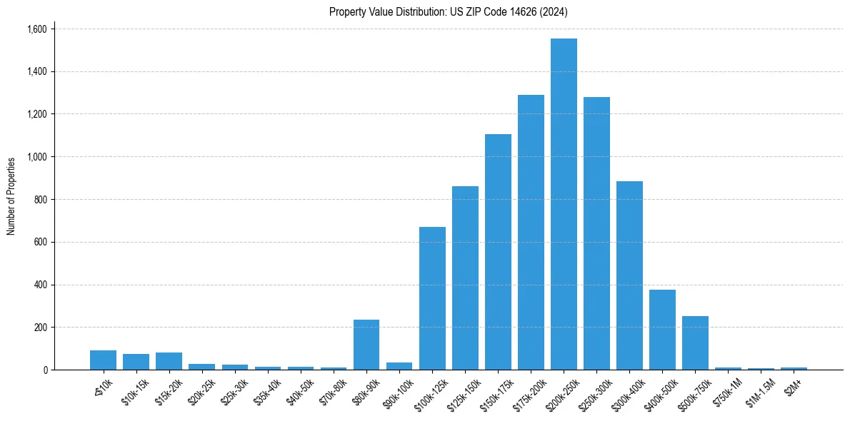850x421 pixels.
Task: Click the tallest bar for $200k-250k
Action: point(564,204)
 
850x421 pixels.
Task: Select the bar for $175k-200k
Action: point(531,232)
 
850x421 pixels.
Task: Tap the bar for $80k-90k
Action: point(366,345)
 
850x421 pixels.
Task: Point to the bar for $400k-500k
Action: point(662,330)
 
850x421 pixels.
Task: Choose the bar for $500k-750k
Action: point(695,343)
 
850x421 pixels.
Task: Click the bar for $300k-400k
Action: point(629,275)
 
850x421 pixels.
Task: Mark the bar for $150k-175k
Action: point(498,252)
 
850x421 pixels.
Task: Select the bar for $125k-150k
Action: point(465,278)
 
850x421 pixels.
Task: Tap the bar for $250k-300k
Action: point(596,233)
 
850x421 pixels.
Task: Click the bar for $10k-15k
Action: point(136,362)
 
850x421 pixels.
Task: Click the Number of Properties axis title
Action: point(11,196)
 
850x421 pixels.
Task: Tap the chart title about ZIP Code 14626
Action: point(449,11)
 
